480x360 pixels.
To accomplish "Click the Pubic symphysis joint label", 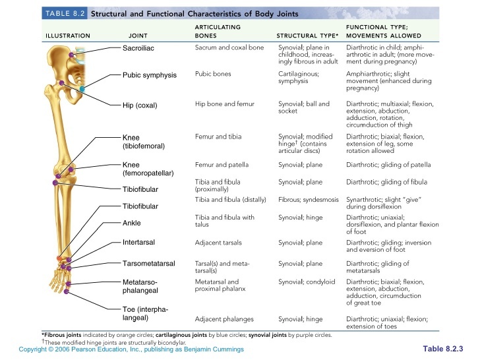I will tap(150, 75).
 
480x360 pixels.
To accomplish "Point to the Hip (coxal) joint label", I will tap(140, 105).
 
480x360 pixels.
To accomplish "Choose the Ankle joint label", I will tap(132, 223).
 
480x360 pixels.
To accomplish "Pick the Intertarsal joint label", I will tap(138, 242).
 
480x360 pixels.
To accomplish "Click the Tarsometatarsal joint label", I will tap(148, 264).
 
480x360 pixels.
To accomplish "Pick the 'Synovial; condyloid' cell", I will tap(307, 282).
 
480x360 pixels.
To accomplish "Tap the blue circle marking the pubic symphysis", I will tap(82, 88).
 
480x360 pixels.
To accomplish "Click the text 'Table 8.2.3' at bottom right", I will tap(443, 348).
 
